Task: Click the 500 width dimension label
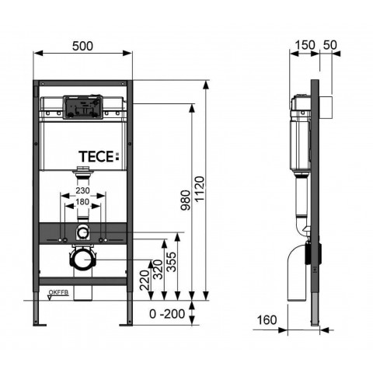pyautogui.click(x=82, y=46)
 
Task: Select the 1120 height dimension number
pyautogui.click(x=200, y=189)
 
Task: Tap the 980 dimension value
pyautogui.click(x=186, y=200)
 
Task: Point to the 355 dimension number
pyautogui.click(x=172, y=262)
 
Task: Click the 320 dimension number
pyautogui.click(x=158, y=270)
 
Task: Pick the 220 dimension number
pyautogui.click(x=145, y=280)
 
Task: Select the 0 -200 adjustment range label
pyautogui.click(x=167, y=314)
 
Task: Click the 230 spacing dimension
pyautogui.click(x=82, y=190)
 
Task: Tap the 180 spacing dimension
pyautogui.click(x=82, y=202)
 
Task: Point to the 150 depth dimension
pyautogui.click(x=305, y=45)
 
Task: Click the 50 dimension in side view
pyautogui.click(x=330, y=45)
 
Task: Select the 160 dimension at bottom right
pyautogui.click(x=267, y=320)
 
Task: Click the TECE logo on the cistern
pyautogui.click(x=99, y=156)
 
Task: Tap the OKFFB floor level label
pyautogui.click(x=59, y=292)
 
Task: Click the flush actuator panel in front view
pyautogui.click(x=83, y=108)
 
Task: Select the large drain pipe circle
pyautogui.click(x=83, y=260)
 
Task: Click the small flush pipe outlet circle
pyautogui.click(x=82, y=232)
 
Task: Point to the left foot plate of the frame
pyautogui.click(x=40, y=325)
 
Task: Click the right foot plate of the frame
pyautogui.click(x=126, y=325)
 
